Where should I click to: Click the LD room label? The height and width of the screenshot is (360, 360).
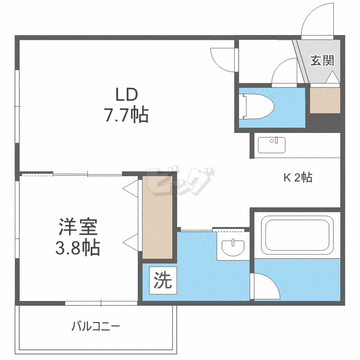click(126, 93)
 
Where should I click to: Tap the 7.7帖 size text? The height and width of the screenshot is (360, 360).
click(126, 115)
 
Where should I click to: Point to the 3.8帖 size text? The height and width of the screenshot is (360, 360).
click(79, 248)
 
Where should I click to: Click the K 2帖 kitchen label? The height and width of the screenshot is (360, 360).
click(297, 178)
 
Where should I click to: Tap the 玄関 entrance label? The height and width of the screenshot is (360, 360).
click(322, 61)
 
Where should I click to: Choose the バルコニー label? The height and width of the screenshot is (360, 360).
click(96, 327)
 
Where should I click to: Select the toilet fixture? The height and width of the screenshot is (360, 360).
click(257, 106)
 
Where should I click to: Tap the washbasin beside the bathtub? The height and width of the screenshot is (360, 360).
click(233, 246)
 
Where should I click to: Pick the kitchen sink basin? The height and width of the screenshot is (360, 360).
click(272, 144)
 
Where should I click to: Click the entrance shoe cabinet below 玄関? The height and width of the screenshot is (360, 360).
click(325, 100)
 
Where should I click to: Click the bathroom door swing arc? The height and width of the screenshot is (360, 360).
click(265, 287)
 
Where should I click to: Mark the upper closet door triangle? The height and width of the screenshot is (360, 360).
click(131, 188)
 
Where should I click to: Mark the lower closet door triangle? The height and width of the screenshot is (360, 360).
click(131, 240)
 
